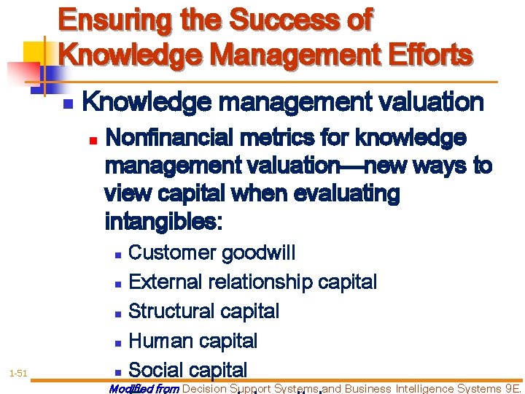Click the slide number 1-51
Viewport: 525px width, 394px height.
18,374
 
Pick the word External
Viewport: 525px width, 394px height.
166,282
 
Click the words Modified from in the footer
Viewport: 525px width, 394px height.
144,389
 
